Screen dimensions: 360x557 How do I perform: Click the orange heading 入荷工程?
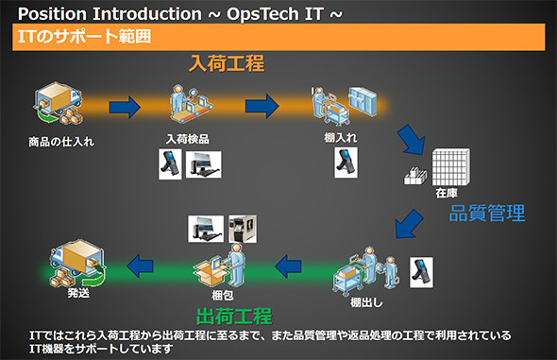tap(226, 64)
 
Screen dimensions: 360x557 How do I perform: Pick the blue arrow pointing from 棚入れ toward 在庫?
tap(413, 140)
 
